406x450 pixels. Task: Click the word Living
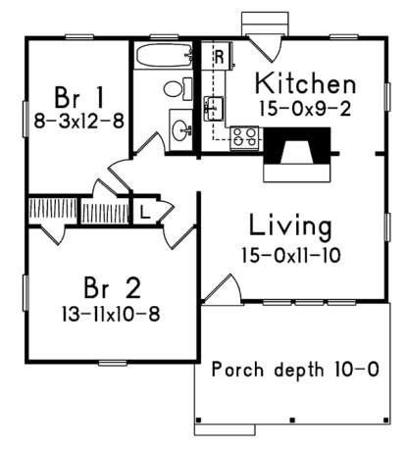click(289, 226)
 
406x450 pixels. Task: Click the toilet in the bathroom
click(175, 89)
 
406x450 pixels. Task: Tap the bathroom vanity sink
click(180, 127)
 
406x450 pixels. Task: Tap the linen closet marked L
click(143, 210)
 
